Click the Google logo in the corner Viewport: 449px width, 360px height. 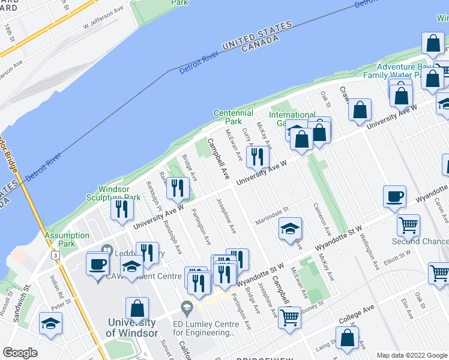coord(20,353)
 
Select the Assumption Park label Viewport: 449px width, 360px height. coord(67,240)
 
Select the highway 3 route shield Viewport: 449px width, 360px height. coord(56,255)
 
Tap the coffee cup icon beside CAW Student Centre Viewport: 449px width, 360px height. coord(97,263)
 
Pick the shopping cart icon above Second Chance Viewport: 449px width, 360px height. coord(408,226)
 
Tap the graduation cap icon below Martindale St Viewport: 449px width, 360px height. coord(290,228)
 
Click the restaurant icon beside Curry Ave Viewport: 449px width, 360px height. coord(258,157)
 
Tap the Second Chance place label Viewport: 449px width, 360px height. coord(420,241)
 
